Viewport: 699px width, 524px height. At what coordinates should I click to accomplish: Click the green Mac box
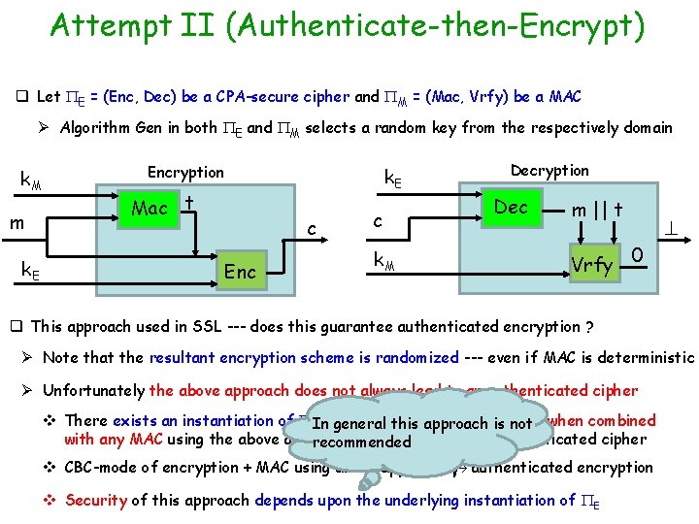(150, 209)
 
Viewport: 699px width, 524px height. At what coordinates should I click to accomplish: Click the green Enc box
(240, 271)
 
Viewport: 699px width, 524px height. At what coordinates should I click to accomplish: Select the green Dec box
(512, 207)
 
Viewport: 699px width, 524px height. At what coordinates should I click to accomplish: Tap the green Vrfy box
(591, 264)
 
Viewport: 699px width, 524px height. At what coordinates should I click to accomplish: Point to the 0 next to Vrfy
(638, 253)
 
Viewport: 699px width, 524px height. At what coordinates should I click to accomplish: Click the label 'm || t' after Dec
(597, 211)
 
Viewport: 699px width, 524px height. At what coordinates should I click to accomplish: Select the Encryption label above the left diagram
(185, 172)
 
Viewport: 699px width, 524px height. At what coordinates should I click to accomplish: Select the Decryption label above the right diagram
(549, 170)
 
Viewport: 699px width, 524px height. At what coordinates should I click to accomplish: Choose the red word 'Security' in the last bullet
(95, 500)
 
